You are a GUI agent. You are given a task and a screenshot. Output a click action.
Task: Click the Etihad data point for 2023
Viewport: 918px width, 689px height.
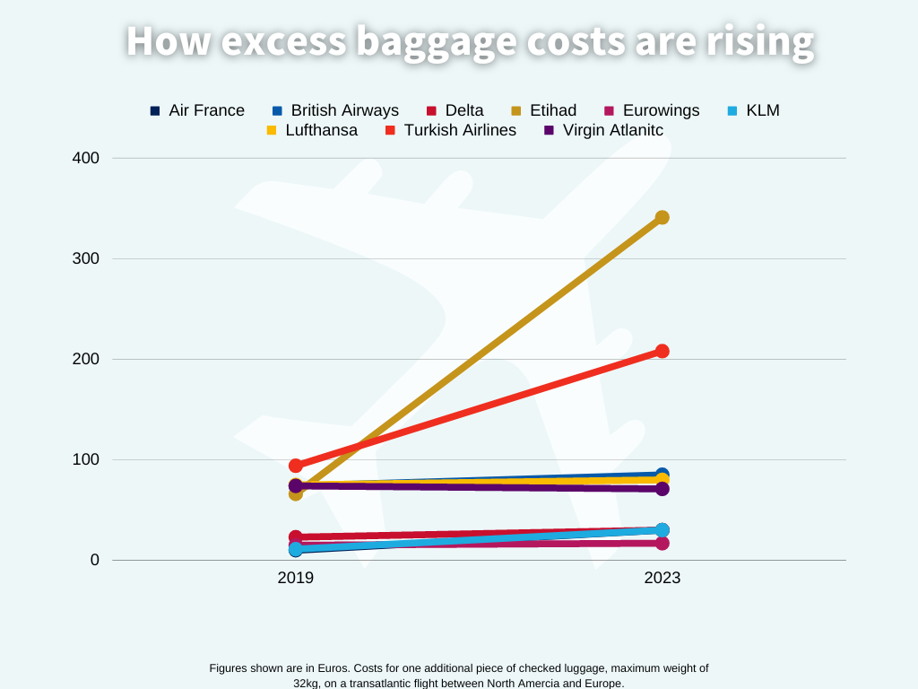[x=662, y=217]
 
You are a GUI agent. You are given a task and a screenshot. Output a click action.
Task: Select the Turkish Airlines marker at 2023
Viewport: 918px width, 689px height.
[x=662, y=351]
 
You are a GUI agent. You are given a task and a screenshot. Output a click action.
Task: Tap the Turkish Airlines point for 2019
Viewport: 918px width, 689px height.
[x=296, y=466]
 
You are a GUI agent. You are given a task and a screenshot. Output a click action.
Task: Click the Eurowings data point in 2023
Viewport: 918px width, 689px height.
[x=662, y=543]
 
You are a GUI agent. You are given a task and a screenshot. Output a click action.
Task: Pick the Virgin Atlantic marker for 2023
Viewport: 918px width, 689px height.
[x=662, y=489]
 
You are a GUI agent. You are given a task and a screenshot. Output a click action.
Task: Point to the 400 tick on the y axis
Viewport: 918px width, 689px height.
[x=85, y=158]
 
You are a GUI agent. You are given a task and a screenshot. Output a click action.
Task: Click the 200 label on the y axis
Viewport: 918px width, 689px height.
[x=85, y=359]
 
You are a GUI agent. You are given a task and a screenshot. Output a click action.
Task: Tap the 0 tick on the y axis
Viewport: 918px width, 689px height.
[x=94, y=560]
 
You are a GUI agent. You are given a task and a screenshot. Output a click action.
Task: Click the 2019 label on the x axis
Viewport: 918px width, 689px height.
[x=296, y=578]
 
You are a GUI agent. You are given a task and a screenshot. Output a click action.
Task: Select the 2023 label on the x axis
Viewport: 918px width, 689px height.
[x=662, y=578]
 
